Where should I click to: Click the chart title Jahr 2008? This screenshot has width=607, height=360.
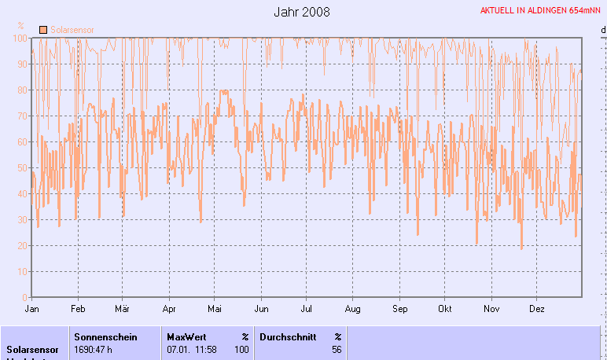point(302,12)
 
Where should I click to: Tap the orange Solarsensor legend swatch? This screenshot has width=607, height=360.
point(42,29)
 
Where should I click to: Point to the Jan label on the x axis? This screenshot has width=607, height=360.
point(32,310)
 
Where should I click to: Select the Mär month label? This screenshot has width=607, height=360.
point(122,310)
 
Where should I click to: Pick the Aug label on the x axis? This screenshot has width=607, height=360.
point(353,310)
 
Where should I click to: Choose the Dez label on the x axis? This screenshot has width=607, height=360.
point(538,310)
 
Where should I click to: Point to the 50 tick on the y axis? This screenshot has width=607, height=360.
point(23,167)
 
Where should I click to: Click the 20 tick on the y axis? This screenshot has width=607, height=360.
point(23,245)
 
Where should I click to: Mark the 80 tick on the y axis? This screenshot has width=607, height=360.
point(23,90)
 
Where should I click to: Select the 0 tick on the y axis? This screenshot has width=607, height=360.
point(25,297)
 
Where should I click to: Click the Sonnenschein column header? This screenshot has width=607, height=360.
point(105,336)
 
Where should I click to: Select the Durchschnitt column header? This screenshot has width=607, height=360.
point(288,336)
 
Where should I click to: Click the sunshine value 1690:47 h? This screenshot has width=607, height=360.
point(97,349)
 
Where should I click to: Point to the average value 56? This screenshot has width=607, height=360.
point(337,349)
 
